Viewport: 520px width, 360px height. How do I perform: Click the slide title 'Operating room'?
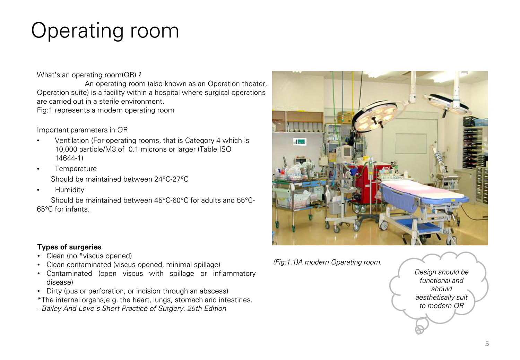click(105, 31)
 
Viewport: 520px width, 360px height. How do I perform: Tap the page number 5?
click(487, 343)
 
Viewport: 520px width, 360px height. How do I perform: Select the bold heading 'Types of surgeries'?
click(69, 247)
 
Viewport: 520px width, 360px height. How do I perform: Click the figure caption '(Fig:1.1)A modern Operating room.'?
click(327, 262)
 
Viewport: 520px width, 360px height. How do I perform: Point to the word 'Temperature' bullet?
click(76, 169)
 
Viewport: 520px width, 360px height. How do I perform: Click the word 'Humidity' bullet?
click(69, 190)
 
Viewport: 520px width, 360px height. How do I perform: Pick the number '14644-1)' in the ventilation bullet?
click(69, 158)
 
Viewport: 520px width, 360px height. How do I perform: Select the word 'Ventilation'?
click(72, 140)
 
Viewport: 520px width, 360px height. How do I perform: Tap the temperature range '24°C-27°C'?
click(171, 179)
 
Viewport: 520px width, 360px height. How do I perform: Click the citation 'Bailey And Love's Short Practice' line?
click(132, 308)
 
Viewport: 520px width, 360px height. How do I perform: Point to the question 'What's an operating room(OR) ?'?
click(89, 75)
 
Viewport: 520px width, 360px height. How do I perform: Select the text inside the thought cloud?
click(441, 289)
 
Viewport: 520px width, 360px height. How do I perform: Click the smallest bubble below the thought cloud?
click(419, 330)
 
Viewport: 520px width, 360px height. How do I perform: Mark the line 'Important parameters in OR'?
click(82, 130)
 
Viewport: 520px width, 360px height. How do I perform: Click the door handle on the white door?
click(435, 142)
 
